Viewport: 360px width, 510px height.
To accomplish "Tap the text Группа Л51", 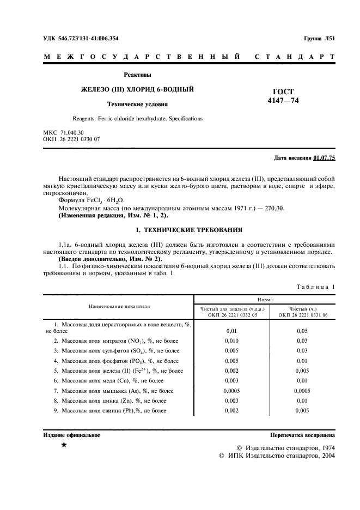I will click(319, 38).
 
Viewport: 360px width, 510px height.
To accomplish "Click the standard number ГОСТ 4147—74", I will click(283, 96).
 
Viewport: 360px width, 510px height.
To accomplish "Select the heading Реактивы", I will click(137, 75).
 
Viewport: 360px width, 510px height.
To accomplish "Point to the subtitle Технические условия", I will click(137, 104).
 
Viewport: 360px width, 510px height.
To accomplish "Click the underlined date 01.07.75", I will click(325, 158).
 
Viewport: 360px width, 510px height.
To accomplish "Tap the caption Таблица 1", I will click(316, 287).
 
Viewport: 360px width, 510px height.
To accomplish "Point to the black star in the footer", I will click(64, 446).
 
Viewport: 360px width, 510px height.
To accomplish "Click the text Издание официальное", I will click(71, 435).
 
